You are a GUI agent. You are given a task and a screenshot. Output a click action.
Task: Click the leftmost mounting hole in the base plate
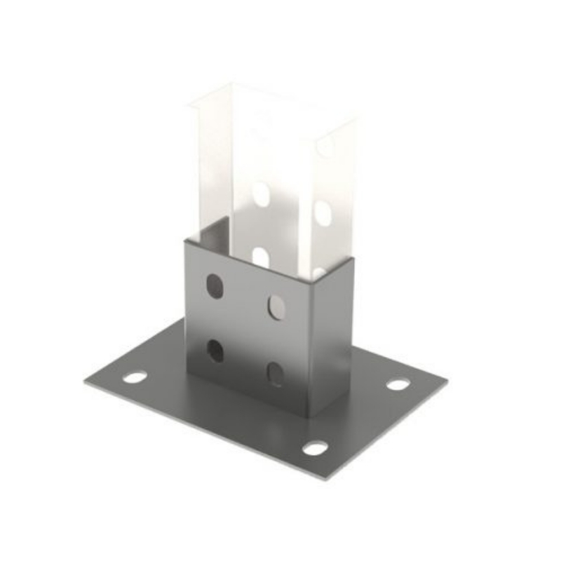coord(135,377)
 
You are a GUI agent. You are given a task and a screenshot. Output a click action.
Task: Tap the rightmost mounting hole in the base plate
coord(398,384)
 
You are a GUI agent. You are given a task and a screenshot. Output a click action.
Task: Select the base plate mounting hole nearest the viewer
coord(315,447)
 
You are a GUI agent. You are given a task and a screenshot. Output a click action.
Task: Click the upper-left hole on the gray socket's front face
coord(215,285)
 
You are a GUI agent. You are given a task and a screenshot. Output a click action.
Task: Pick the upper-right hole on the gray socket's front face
coord(276,306)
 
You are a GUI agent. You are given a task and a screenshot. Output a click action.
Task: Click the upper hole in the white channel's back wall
coord(261,193)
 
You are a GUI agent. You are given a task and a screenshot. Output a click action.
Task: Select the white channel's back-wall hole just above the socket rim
coord(260,257)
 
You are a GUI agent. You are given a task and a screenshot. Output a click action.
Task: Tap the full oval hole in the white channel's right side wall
coord(323,212)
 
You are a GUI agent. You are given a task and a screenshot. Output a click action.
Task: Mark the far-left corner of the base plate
coord(86,382)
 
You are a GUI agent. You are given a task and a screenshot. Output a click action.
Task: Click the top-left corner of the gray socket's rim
coord(185,241)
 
